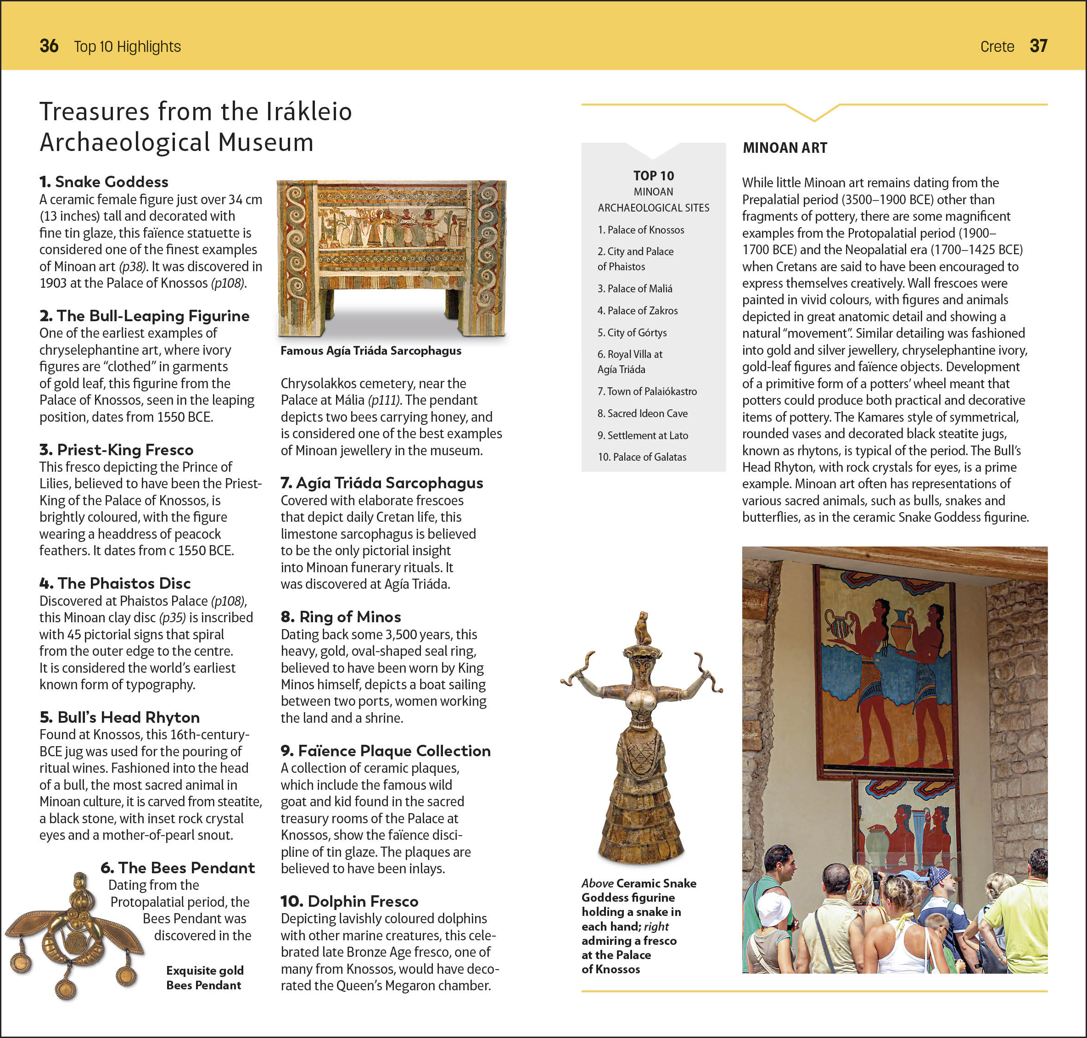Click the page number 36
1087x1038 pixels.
[49, 46]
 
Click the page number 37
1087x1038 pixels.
[1038, 46]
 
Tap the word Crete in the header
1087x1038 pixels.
[997, 46]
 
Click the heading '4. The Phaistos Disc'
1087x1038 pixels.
[115, 583]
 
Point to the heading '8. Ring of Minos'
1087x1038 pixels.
[341, 616]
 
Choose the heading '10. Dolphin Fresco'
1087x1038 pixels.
[349, 901]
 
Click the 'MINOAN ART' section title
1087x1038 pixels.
[785, 148]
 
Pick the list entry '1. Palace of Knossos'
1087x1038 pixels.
[641, 229]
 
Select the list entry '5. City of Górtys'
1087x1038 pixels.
[632, 333]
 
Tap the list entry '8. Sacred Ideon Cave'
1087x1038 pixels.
[643, 413]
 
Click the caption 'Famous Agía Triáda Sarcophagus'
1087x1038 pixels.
[371, 351]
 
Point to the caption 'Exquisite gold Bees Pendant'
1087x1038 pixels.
[204, 978]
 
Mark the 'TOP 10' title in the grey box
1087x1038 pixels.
[654, 176]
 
